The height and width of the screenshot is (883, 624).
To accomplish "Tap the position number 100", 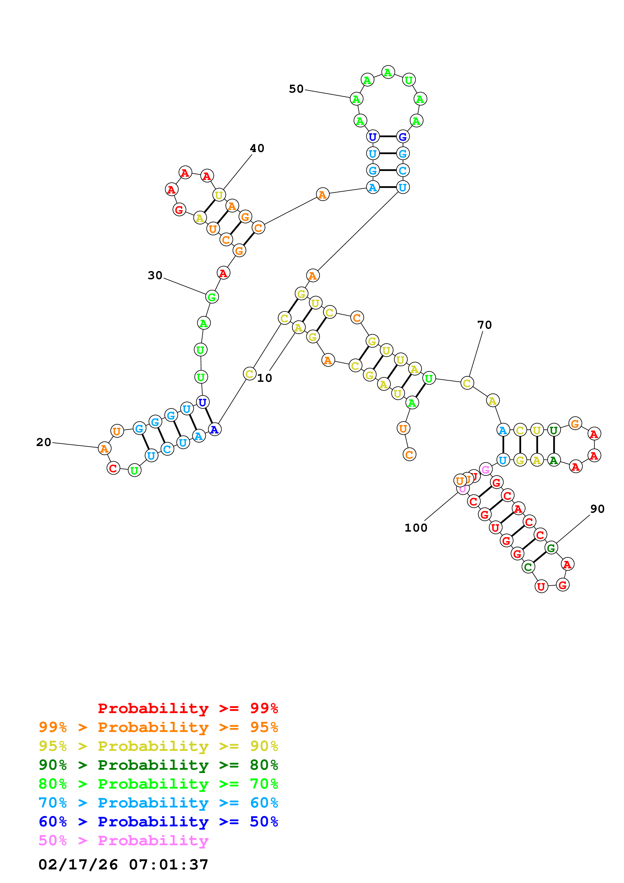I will pos(416,528).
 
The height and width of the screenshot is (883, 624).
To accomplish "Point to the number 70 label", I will pos(485,325).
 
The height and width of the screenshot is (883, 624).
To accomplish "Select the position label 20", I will pos(44,442).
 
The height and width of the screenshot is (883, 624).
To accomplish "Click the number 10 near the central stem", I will pos(265,378).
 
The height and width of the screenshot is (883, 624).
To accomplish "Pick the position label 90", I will pos(597,509).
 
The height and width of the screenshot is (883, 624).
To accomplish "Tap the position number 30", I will pos(155,275).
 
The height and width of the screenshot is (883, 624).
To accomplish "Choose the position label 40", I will pos(257,149).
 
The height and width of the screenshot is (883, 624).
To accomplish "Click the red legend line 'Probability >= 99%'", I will pos(188,708).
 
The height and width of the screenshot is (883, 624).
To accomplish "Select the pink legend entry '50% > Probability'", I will pos(123,841).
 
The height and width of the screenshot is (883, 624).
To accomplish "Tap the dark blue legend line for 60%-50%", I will pos(158,822).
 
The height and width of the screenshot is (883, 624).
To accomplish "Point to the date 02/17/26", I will pos(78,865).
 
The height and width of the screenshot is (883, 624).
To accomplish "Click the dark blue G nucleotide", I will pos(402,136).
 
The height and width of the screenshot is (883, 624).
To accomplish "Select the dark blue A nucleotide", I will pos(214,429).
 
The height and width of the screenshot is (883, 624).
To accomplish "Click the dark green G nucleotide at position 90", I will pos(551,548).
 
